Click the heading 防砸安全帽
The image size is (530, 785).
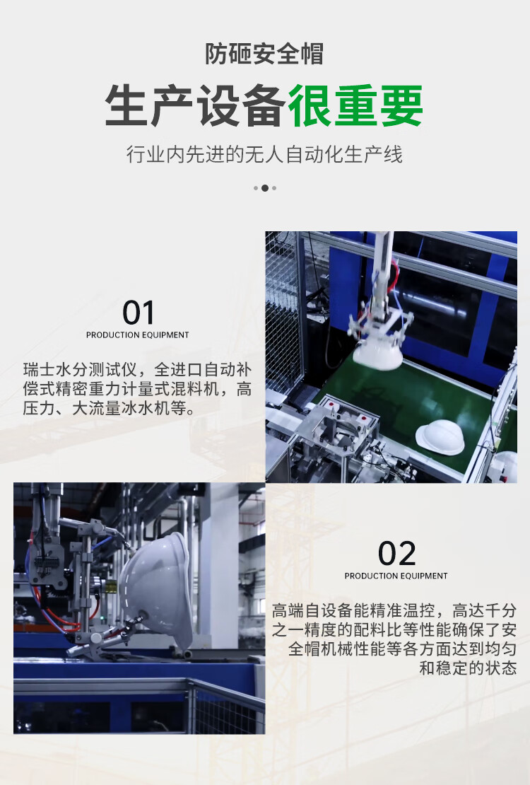point(264,54)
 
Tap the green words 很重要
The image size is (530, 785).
point(355,105)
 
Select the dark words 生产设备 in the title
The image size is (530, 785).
point(196,105)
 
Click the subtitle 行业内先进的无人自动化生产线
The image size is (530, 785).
point(264,154)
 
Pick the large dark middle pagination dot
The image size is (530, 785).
point(265,188)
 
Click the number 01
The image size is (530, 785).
point(138,313)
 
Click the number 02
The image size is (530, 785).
point(396,554)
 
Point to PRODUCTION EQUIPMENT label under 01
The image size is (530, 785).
point(138,335)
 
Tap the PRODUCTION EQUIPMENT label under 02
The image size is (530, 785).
point(396,576)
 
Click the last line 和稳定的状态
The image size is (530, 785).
point(468,668)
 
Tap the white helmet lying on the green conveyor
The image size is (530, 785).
point(440,437)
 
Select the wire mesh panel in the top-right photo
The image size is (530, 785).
point(284,311)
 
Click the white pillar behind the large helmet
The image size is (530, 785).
point(220,561)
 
